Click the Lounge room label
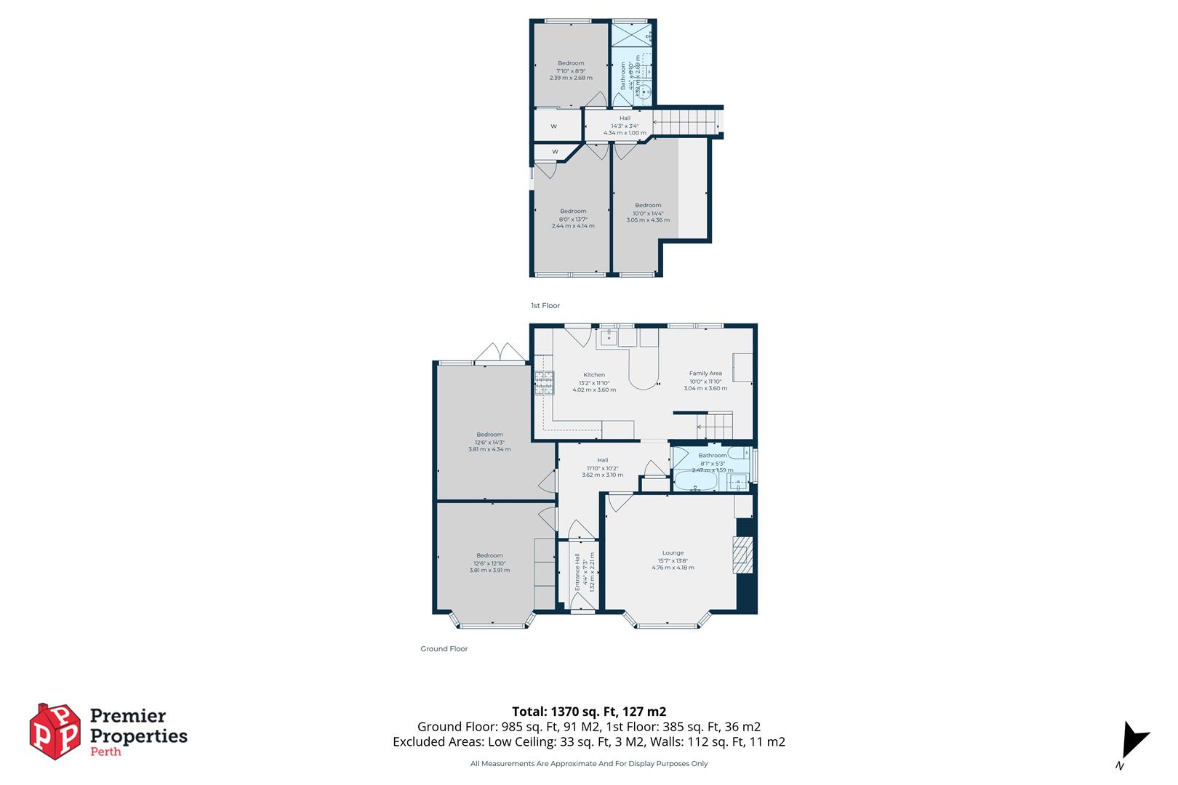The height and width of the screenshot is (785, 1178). (673, 553)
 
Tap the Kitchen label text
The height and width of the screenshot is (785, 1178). (593, 375)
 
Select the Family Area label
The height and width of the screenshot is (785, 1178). (705, 374)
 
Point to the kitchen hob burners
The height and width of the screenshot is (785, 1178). (544, 383)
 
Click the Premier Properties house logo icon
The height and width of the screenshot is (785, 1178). (55, 731)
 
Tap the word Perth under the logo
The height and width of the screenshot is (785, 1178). (105, 752)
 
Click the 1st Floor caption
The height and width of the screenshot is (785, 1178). (545, 306)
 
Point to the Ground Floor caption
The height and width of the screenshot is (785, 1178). (444, 649)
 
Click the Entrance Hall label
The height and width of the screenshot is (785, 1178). (578, 574)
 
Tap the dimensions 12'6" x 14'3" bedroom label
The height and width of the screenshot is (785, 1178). (489, 442)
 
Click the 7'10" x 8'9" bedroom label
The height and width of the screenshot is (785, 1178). (571, 71)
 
